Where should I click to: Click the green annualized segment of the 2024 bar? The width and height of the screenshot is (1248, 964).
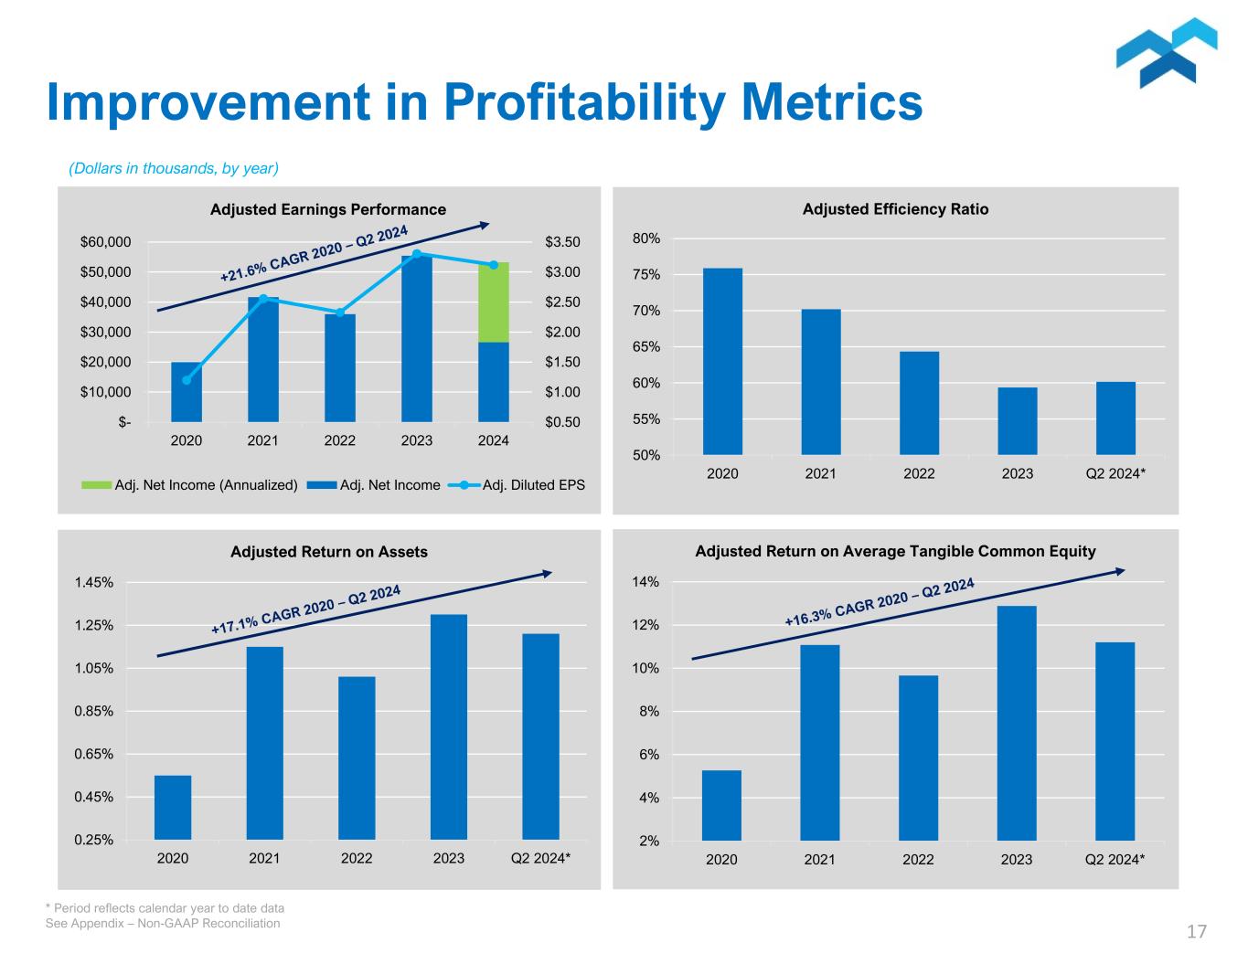[494, 302]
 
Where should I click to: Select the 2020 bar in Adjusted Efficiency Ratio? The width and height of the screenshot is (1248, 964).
[722, 361]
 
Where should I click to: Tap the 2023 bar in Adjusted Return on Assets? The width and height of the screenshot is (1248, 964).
[448, 726]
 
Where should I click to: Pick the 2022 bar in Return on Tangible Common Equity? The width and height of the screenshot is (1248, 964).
[918, 757]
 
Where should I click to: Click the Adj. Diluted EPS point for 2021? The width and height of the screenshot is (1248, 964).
[263, 298]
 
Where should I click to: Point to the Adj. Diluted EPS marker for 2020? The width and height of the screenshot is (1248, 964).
[187, 380]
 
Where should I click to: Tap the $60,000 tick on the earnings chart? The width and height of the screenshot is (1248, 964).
[106, 242]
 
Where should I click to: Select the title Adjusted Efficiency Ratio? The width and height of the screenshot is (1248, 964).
[895, 209]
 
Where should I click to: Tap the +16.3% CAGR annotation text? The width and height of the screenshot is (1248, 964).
[879, 601]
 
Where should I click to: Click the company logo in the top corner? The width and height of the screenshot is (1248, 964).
[1166, 52]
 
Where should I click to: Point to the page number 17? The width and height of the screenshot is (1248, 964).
[1197, 932]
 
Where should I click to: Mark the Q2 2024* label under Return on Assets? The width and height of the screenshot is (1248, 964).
[540, 858]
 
